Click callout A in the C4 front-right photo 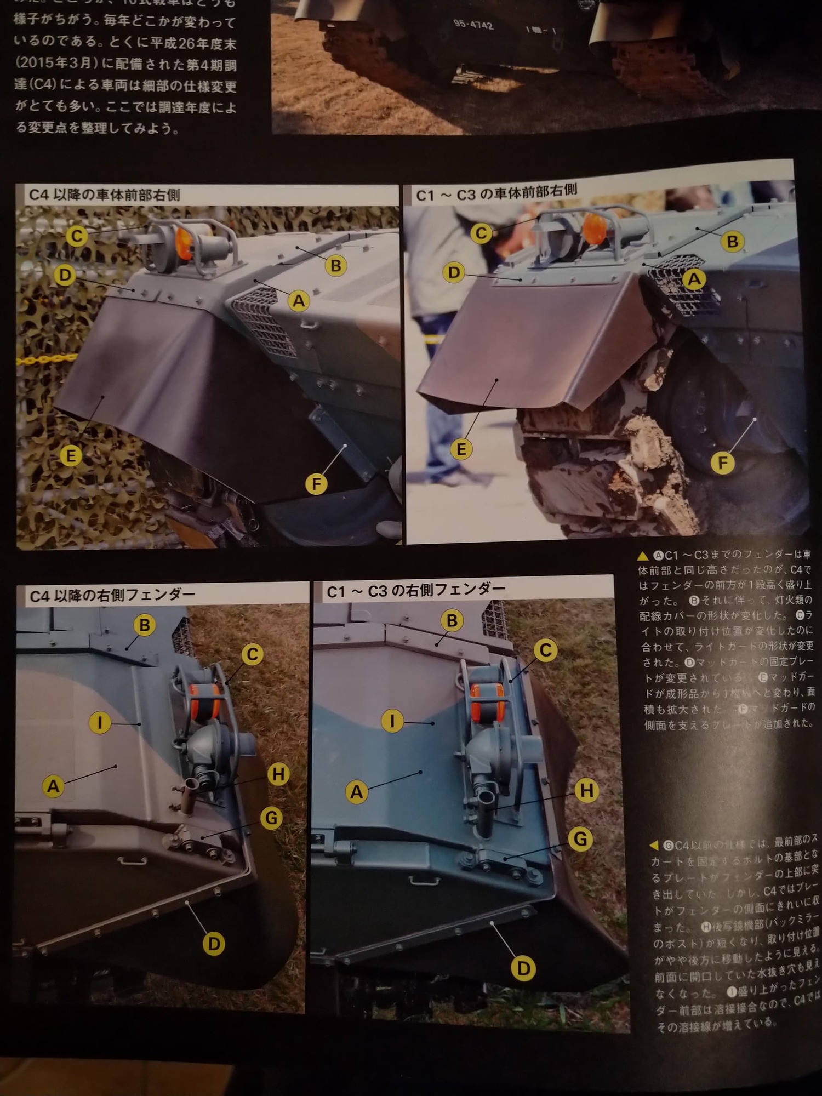pyautogui.click(x=299, y=301)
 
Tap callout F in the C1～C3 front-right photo pyautogui.click(x=722, y=463)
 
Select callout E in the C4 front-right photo pyautogui.click(x=71, y=455)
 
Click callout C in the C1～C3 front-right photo pyautogui.click(x=481, y=233)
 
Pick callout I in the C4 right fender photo pyautogui.click(x=100, y=723)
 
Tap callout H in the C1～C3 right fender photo pyautogui.click(x=586, y=790)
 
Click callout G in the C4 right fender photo pyautogui.click(x=271, y=818)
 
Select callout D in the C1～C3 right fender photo pyautogui.click(x=523, y=968)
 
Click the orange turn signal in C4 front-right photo pyautogui.click(x=184, y=244)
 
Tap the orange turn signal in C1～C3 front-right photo pyautogui.click(x=592, y=229)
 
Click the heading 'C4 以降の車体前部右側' pyautogui.click(x=104, y=195)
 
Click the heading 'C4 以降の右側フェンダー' pyautogui.click(x=112, y=595)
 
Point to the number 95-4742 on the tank pyautogui.click(x=473, y=25)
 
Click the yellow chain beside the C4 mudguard pyautogui.click(x=47, y=359)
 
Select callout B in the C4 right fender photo pyautogui.click(x=144, y=625)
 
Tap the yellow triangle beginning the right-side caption pyautogui.click(x=642, y=556)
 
